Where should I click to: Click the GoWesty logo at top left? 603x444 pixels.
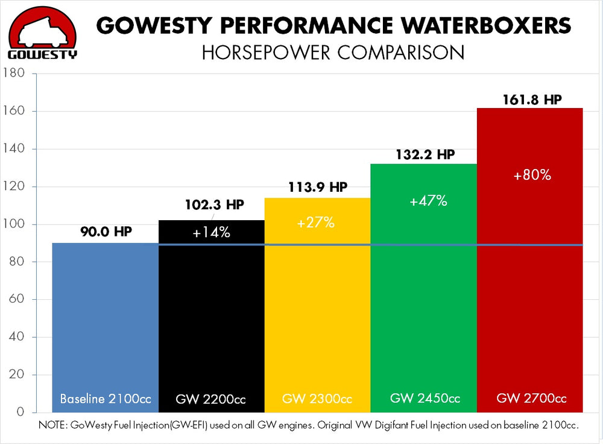tap(42, 33)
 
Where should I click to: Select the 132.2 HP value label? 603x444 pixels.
tap(425, 154)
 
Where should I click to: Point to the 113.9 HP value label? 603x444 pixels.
tap(318, 188)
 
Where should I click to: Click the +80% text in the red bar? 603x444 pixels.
tap(532, 176)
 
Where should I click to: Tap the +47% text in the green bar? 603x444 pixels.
tap(428, 201)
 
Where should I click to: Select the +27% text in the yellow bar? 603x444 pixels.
tap(315, 223)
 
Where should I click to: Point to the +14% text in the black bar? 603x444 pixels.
tap(212, 233)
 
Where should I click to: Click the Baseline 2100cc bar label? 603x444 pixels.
tap(106, 399)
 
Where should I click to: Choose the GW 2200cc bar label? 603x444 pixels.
tap(212, 399)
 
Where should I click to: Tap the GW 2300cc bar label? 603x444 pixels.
tap(317, 399)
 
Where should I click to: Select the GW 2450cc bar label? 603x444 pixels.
tap(425, 398)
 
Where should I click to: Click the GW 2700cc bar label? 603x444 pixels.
tap(531, 398)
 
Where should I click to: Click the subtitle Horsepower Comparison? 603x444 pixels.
tap(333, 52)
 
